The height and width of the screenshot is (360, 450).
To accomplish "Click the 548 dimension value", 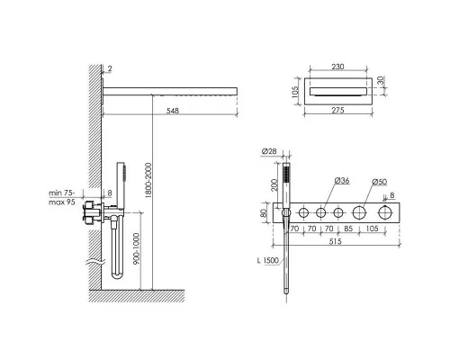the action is coord(173,111).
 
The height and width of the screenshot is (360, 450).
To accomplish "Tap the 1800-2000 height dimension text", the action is coord(148,180).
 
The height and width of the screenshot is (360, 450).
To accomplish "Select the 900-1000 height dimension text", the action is coord(137,249).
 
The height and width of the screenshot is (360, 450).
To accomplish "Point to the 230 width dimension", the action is coord(337,67).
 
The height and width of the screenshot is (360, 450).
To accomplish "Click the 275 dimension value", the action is coord(337,111).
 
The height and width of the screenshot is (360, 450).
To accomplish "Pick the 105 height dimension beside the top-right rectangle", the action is coord(295,92).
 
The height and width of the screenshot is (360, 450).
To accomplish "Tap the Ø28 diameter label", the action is coord(269,151).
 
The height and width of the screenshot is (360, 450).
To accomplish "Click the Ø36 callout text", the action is coord(342,181).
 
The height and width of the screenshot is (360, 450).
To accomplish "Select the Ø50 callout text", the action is coord(379,182).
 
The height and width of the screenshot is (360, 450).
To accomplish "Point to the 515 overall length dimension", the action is coord(336,241).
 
